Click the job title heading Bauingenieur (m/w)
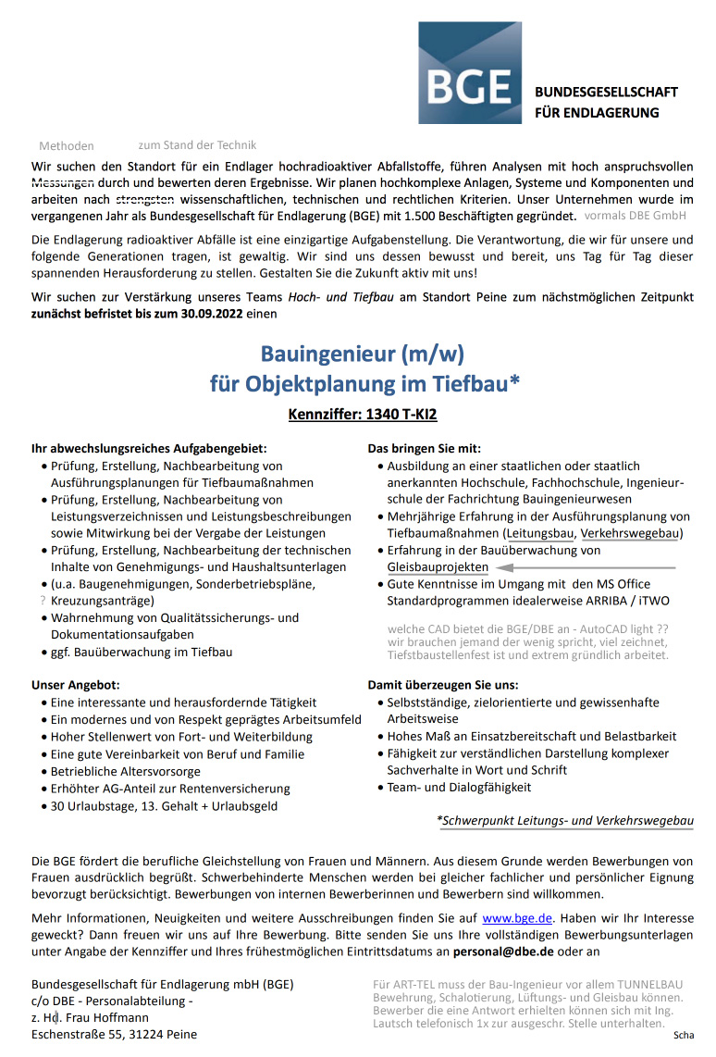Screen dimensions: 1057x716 [x=362, y=354]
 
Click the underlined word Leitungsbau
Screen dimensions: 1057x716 [x=539, y=533]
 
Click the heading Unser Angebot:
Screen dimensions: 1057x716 [x=76, y=685]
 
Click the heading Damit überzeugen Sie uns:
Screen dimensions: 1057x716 [x=443, y=685]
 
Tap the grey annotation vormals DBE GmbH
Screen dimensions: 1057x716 [x=636, y=216]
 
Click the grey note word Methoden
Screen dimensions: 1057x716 [x=67, y=146]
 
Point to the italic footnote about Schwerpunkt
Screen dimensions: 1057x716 [x=564, y=820]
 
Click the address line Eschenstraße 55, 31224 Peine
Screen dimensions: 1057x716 [x=114, y=1034]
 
